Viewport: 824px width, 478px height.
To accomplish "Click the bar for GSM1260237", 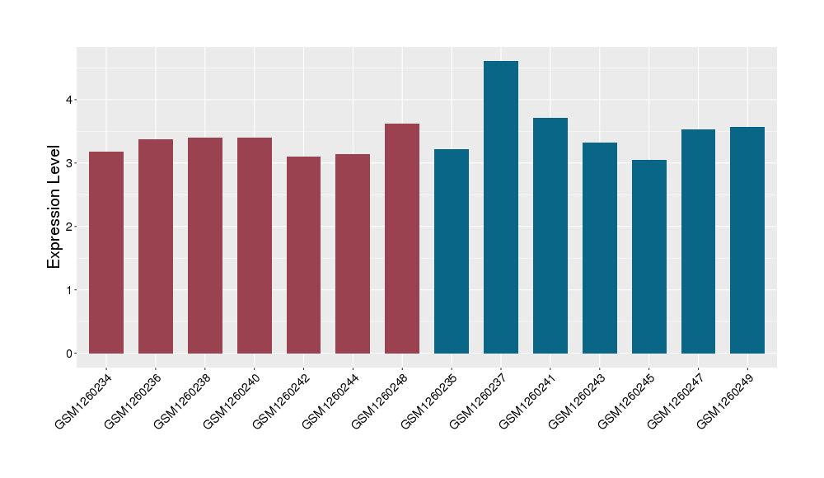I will pos(501,207).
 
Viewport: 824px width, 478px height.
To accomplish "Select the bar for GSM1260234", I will pos(106,252).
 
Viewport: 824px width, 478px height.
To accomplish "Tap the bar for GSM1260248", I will pos(402,238).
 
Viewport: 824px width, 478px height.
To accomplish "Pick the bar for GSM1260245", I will pos(648,256).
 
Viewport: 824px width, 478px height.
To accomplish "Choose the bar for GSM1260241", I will pos(550,236).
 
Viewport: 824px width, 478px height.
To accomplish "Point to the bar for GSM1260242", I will pos(303,255).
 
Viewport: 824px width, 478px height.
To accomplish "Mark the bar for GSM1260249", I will pos(747,240).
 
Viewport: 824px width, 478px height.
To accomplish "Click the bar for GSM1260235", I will pos(452,251).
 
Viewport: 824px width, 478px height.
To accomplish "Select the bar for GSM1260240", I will pos(255,246).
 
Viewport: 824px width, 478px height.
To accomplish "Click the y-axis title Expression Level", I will pos(54,207).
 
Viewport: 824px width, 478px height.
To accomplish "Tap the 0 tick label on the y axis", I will pos(69,354).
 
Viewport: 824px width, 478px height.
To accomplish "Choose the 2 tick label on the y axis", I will pos(69,227).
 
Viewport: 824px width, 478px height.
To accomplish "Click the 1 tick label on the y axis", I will pos(69,290).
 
